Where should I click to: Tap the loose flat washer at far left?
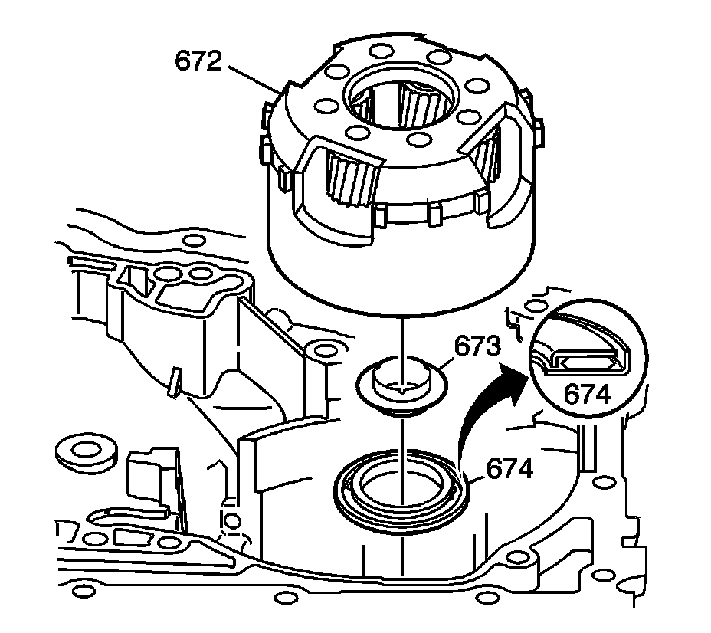point(86,451)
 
